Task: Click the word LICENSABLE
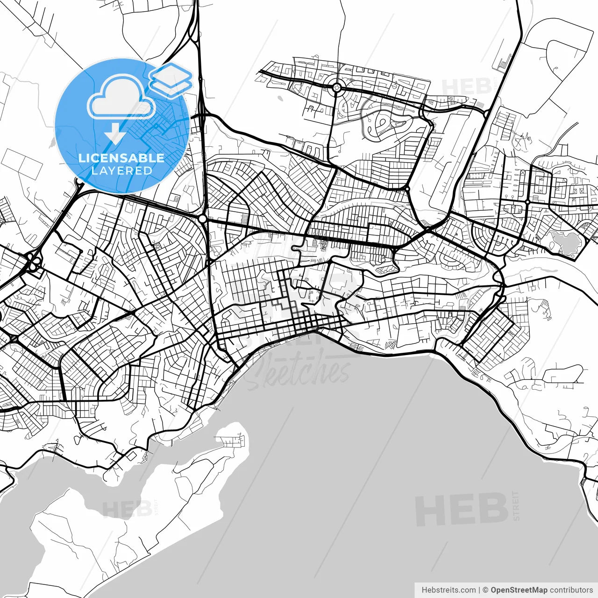[x=121, y=158]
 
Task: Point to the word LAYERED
[x=121, y=171]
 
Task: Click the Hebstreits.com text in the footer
[x=448, y=590]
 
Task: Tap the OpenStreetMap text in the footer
[x=519, y=590]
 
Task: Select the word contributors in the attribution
[x=571, y=590]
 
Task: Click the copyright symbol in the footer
[x=485, y=590]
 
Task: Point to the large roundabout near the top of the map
[x=336, y=86]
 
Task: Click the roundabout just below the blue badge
[x=202, y=218]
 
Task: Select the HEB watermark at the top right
[x=463, y=87]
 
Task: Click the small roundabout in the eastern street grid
[x=527, y=202]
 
